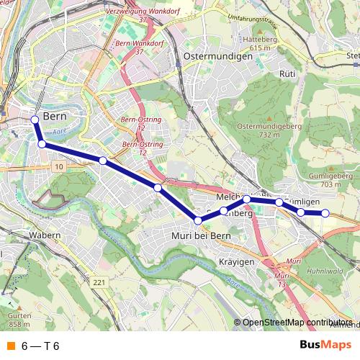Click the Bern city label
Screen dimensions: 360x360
pyautogui.click(x=55, y=117)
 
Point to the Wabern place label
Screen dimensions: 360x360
pyautogui.click(x=44, y=235)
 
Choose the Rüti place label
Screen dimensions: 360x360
pyautogui.click(x=287, y=73)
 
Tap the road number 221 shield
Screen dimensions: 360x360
pyautogui.click(x=99, y=282)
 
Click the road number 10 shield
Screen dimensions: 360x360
pyautogui.click(x=58, y=166)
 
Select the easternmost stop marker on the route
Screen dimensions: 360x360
pyautogui.click(x=325, y=212)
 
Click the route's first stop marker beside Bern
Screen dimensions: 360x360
pyautogui.click(x=35, y=120)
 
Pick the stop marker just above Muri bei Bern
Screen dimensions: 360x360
pyautogui.click(x=198, y=220)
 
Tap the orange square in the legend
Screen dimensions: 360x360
pyautogui.click(x=10, y=346)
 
